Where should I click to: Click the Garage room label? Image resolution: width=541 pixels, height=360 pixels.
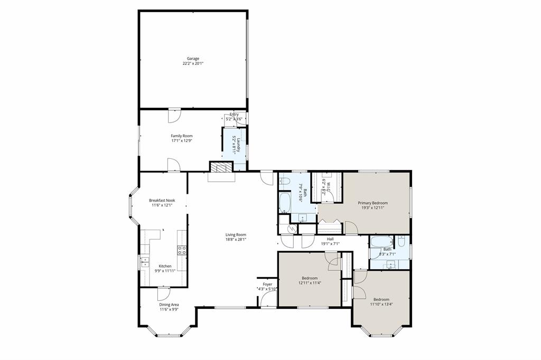[193, 59]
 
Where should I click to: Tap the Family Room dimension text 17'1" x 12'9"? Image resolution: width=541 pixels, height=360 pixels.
[181, 141]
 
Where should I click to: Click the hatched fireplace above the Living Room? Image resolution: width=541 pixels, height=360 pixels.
[221, 167]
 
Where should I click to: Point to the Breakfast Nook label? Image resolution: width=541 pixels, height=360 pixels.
[162, 200]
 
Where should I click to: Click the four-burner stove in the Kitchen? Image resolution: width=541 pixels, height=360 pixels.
[182, 250]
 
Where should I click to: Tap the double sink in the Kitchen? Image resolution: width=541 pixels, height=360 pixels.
[144, 262]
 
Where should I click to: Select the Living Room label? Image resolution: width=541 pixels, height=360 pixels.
[236, 235]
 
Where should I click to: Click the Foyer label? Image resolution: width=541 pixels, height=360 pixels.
[267, 284]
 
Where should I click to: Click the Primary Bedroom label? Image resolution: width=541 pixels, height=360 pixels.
[372, 203]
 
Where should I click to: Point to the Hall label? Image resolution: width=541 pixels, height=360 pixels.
[330, 239]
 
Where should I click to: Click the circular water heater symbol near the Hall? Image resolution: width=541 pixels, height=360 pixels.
[290, 229]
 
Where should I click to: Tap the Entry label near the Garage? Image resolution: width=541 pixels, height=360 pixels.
[234, 115]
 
